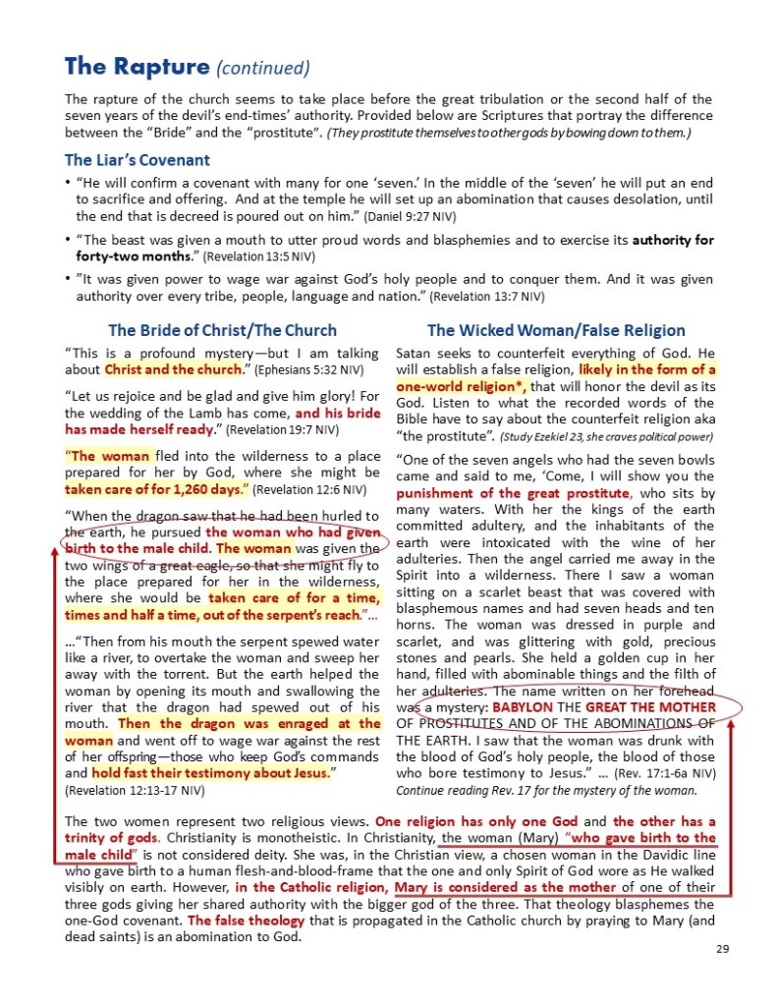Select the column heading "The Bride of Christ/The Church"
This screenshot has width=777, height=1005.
pos(222,330)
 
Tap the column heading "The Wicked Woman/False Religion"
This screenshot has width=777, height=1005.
pos(556,330)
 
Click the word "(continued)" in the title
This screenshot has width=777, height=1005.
pos(262,68)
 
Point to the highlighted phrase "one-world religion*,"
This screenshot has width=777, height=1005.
pos(461,387)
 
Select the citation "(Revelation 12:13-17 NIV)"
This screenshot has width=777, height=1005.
pos(135,789)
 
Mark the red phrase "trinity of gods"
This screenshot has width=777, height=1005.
pos(108,837)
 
